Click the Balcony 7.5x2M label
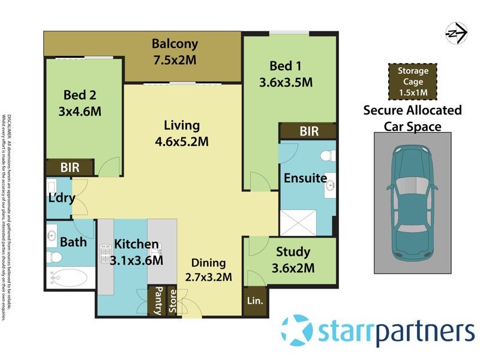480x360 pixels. (x=175, y=52)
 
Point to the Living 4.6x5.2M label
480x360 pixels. (x=182, y=133)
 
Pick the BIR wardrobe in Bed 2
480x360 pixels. (x=70, y=167)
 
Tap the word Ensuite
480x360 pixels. (x=305, y=178)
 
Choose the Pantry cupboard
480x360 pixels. (x=157, y=300)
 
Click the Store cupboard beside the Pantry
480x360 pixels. (x=172, y=300)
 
